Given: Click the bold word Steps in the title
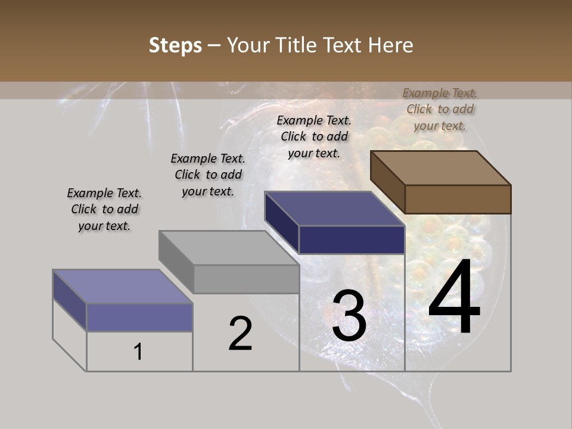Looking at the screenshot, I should point(175,46).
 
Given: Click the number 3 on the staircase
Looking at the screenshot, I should point(349,316).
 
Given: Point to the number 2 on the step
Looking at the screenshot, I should point(241,334).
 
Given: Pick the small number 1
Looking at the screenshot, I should point(138,352).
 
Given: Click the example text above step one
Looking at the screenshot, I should point(104,209).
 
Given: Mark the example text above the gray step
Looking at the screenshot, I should point(208,175).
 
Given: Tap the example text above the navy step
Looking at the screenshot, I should point(314,136).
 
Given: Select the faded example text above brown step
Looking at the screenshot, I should point(440,109).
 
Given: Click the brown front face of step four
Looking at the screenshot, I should point(458,199).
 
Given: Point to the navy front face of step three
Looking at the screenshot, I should point(352,240).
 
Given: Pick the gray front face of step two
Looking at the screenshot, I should point(246,279).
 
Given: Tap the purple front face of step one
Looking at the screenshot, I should point(139,317).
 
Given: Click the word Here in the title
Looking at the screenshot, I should point(391,46).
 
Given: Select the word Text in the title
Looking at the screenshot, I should point(344,46).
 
